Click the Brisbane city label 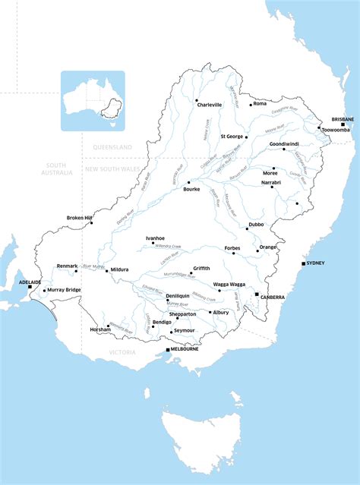coord(343,120)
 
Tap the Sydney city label coord(314,263)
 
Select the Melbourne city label coord(185,350)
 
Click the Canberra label coord(274,297)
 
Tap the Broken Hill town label coord(79,218)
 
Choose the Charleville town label coord(210,105)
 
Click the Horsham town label coord(99,330)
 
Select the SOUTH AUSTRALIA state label coord(59,168)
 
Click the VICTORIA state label coord(122,352)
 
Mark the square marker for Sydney coord(302,263)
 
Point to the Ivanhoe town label coord(155,238)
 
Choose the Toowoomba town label coord(336,130)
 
